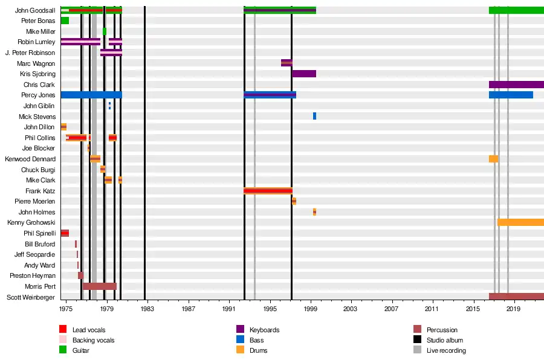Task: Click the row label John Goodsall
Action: coord(35,10)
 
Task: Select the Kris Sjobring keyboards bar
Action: coord(303,74)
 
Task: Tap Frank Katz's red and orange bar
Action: coord(268,191)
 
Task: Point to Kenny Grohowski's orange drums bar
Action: coord(520,222)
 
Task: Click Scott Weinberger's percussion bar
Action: coord(516,297)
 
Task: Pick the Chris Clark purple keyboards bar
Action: coord(516,85)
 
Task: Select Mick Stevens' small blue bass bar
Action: coord(314,116)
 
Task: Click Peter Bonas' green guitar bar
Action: coord(65,21)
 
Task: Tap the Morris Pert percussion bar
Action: coord(99,286)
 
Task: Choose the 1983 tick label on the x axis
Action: coord(147,309)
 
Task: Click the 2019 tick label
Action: coord(514,309)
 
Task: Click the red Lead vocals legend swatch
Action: coord(63,330)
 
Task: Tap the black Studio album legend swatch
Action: coord(417,340)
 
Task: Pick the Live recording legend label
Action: coord(446,350)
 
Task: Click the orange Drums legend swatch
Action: coord(239,350)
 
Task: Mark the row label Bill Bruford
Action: coord(40,244)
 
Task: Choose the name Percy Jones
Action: coord(38,95)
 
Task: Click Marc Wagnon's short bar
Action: coord(287,63)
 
